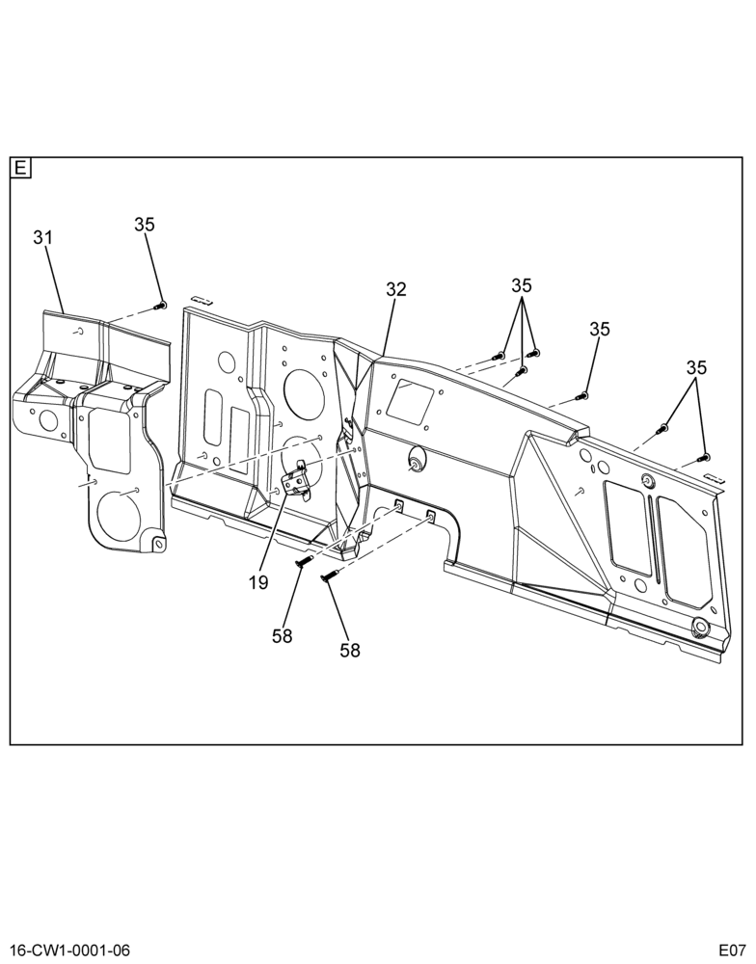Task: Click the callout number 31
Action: tap(43, 237)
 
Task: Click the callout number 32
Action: tap(396, 289)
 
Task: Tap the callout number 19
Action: tap(259, 582)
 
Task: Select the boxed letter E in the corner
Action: tap(20, 168)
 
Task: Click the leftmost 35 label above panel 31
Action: tap(145, 225)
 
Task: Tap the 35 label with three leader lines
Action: tap(521, 285)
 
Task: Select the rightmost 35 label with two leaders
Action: tap(696, 367)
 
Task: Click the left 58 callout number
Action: tap(283, 635)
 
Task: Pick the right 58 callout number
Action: tap(349, 650)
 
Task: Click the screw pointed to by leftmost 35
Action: tap(162, 305)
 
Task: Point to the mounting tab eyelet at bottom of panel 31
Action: tap(158, 544)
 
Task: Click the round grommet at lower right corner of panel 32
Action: tap(699, 628)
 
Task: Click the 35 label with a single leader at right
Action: tap(599, 329)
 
